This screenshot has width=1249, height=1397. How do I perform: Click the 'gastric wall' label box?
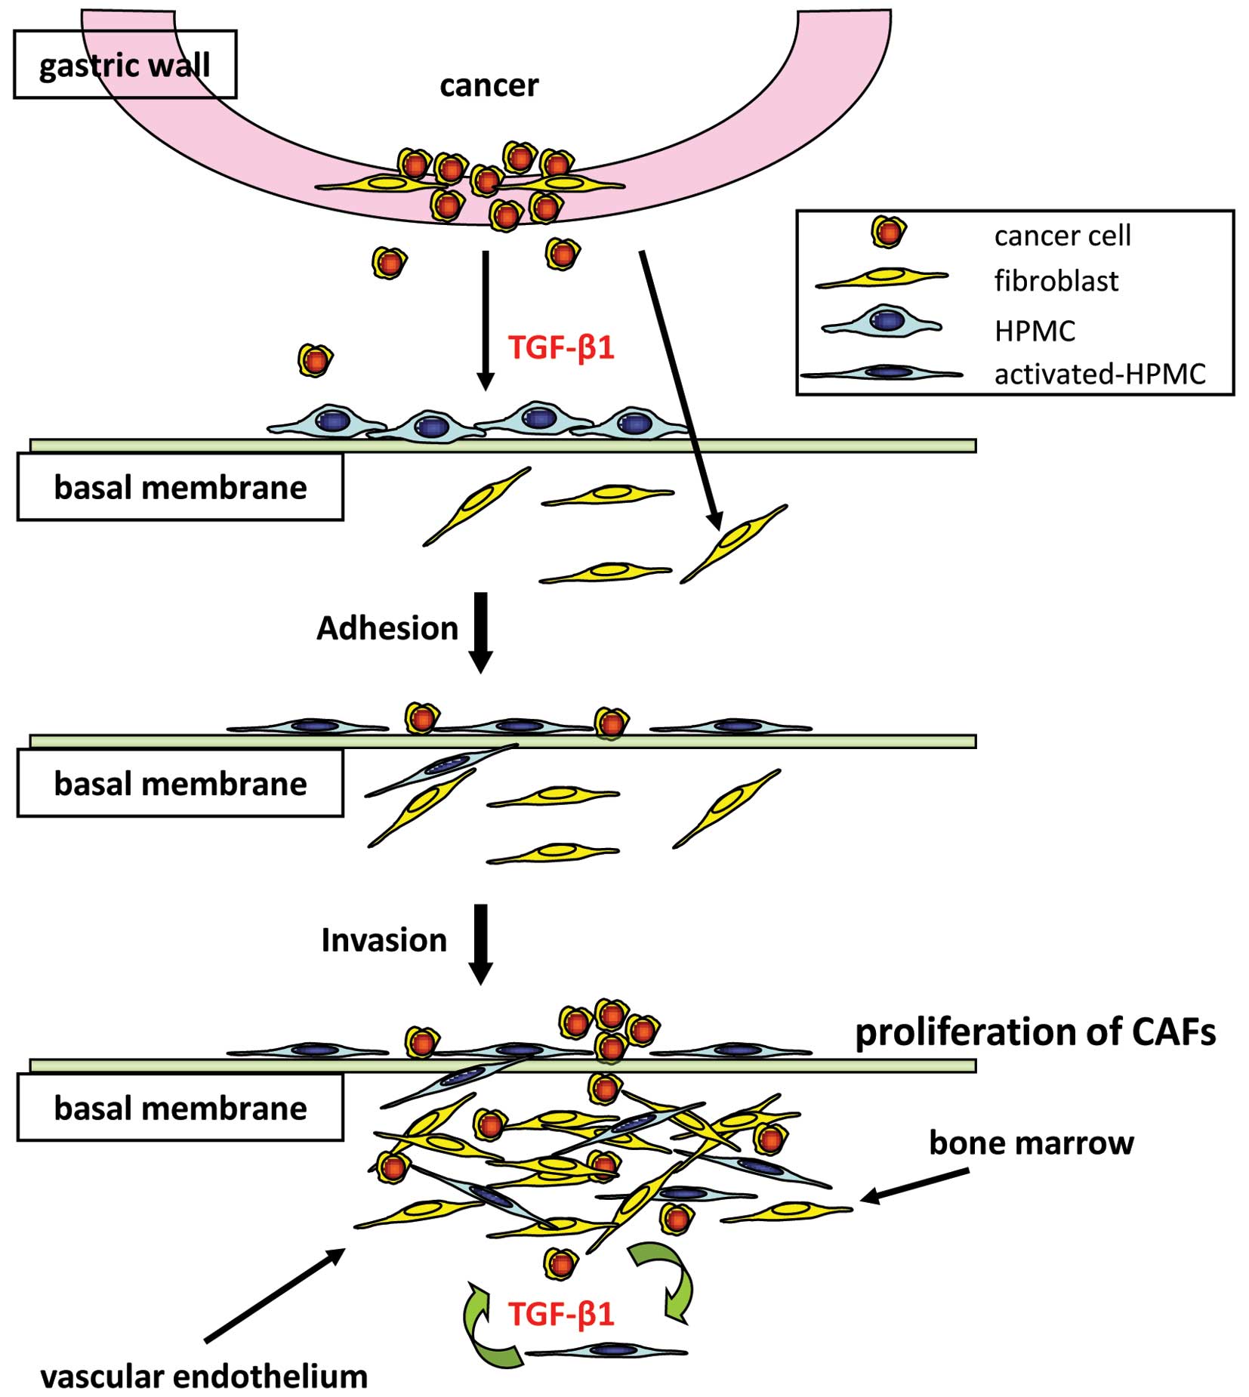point(125,65)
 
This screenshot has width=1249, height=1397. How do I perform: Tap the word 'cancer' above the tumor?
point(489,85)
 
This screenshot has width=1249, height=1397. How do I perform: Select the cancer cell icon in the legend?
point(888,232)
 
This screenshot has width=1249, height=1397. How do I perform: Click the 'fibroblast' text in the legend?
point(1056,281)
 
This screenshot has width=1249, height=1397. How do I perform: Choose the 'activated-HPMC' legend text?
point(1099,374)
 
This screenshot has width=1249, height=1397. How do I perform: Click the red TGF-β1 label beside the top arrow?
point(561,348)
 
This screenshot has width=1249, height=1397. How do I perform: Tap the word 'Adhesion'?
point(387,628)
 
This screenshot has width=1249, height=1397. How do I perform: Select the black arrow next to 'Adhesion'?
point(480,631)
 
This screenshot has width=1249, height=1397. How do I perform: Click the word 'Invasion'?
point(384,940)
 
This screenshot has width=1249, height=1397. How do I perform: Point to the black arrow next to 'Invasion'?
point(480,943)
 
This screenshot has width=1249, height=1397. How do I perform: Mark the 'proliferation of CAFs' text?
point(1035,1032)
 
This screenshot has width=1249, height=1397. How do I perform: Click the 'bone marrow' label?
point(1031,1143)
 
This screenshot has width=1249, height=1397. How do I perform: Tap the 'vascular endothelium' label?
point(204,1377)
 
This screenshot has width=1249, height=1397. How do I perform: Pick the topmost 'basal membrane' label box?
point(180,488)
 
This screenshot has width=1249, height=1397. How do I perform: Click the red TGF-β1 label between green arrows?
point(561,1315)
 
